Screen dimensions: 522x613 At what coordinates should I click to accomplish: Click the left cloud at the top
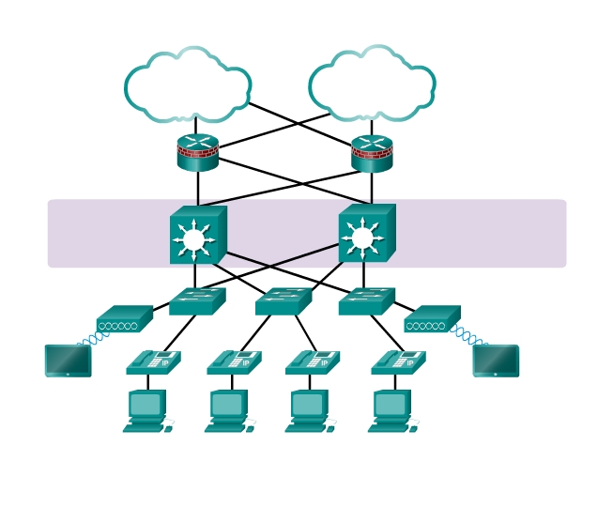click(188, 86)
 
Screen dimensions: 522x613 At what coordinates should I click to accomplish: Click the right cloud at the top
click(372, 86)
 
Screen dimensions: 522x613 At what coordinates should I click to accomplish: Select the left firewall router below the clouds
click(198, 153)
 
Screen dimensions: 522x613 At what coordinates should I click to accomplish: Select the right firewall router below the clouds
click(372, 153)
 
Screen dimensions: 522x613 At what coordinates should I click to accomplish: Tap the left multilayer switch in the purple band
click(196, 236)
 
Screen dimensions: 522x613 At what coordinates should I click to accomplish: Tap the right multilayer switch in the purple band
click(365, 235)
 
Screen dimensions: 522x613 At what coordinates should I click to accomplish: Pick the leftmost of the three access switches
click(197, 301)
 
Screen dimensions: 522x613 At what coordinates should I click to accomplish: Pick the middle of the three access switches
click(283, 301)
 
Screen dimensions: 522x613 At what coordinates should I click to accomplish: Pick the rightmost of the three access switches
click(366, 301)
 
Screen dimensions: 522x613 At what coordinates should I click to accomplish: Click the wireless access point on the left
click(124, 320)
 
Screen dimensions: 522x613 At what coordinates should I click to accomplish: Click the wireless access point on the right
click(432, 320)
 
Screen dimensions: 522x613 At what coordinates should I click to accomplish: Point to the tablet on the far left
click(69, 361)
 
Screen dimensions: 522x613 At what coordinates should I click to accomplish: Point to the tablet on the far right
click(496, 361)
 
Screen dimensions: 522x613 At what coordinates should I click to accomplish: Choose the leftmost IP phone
click(153, 362)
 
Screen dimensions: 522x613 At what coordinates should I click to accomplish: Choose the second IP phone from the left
click(234, 362)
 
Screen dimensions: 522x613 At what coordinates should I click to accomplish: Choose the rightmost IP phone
click(398, 362)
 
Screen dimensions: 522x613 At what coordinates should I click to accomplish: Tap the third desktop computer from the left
click(310, 411)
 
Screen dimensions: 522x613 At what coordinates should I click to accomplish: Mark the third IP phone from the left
click(313, 362)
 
